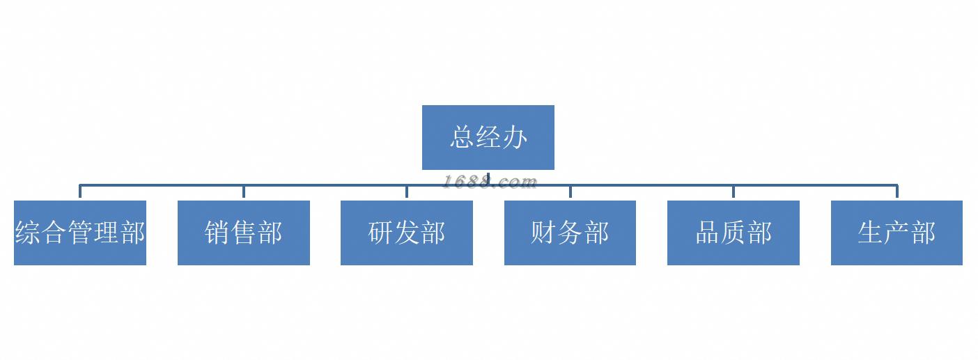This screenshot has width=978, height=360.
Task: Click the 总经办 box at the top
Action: [x=488, y=137]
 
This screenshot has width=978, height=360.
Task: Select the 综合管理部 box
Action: [x=80, y=233]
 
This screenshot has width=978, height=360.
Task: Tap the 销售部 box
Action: [x=243, y=233]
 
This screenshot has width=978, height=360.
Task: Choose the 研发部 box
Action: [x=406, y=233]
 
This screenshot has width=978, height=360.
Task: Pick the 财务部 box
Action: [x=570, y=233]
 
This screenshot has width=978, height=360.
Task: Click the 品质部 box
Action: [x=733, y=233]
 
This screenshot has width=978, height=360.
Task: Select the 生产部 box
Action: [x=896, y=233]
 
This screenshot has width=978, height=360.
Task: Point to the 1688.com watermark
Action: [x=490, y=182]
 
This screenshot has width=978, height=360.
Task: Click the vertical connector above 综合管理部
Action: [x=80, y=192]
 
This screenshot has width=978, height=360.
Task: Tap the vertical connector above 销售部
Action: [x=243, y=192]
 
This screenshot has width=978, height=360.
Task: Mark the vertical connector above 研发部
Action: [x=406, y=192]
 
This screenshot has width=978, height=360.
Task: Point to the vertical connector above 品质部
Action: [x=733, y=192]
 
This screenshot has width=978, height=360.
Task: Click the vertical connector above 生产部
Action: [x=896, y=192]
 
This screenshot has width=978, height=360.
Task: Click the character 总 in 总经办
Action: [x=463, y=137]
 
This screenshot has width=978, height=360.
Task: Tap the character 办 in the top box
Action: [x=514, y=137]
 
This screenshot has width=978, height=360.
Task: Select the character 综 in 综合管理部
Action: [x=27, y=233]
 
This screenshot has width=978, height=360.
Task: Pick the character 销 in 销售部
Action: [x=217, y=233]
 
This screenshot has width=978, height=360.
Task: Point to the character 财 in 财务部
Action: [x=543, y=233]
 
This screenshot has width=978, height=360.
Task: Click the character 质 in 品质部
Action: [x=733, y=233]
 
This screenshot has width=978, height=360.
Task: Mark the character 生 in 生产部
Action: [x=871, y=233]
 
